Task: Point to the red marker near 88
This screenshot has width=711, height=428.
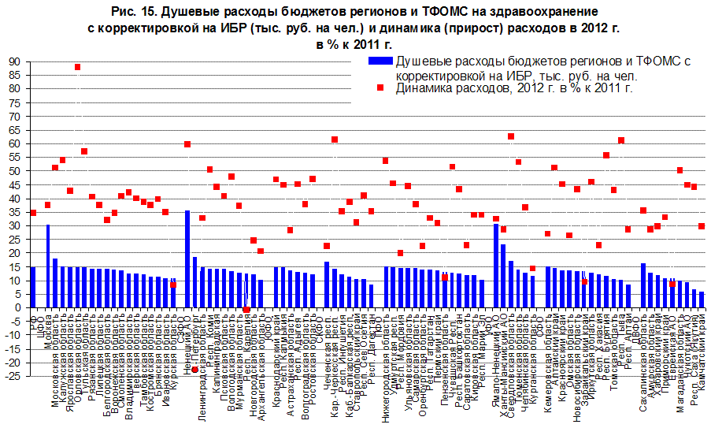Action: [77, 68]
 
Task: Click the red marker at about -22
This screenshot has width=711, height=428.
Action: [194, 369]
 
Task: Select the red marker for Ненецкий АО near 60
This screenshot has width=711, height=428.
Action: [187, 144]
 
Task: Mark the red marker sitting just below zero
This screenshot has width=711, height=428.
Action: [246, 310]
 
